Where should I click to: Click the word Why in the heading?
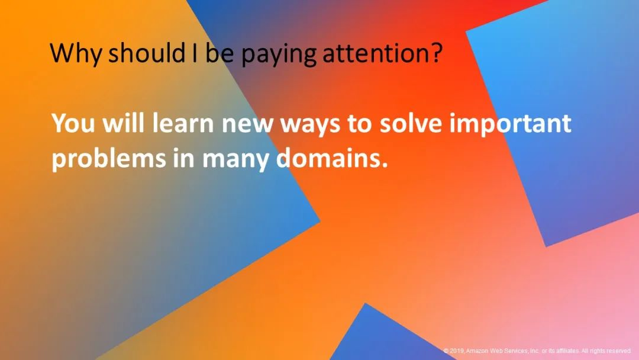click(x=75, y=53)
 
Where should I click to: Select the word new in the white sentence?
click(x=247, y=125)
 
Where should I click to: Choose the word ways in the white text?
click(x=310, y=126)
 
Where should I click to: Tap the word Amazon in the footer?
click(x=477, y=351)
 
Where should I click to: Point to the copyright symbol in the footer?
click(x=446, y=351)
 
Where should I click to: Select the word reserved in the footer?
click(x=619, y=351)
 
